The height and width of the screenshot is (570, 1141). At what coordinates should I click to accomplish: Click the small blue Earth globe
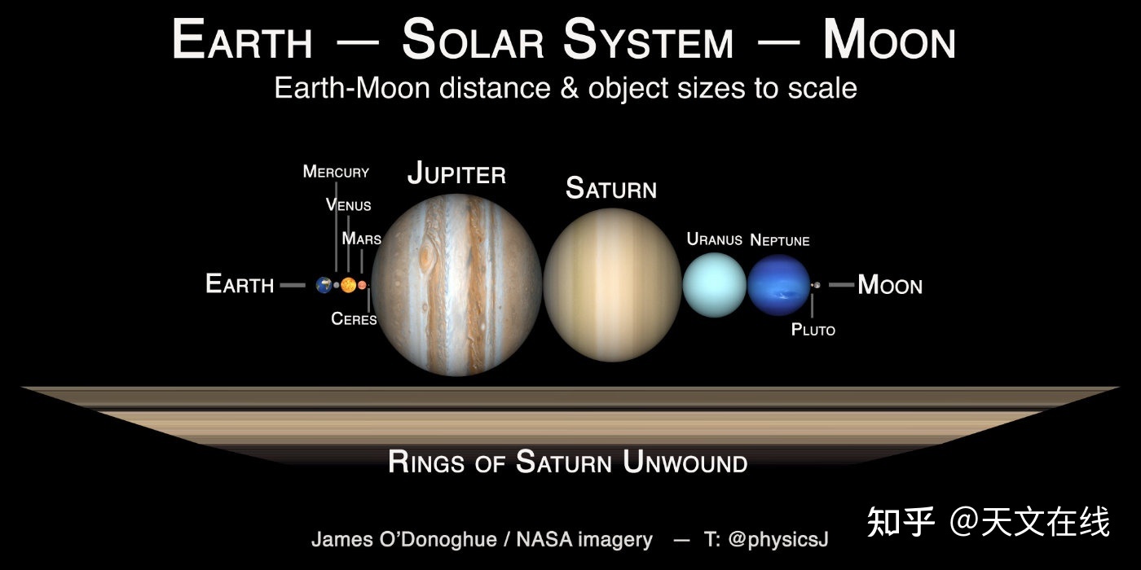tap(324, 285)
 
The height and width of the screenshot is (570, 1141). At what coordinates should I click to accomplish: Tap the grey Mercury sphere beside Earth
tap(336, 285)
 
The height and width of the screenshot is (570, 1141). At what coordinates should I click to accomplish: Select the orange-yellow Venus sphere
tap(349, 285)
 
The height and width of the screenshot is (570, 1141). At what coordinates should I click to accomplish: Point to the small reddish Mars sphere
tap(362, 285)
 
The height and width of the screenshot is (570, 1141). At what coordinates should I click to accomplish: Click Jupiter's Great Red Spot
tap(425, 258)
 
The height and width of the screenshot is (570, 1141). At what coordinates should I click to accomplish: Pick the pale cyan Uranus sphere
tap(715, 285)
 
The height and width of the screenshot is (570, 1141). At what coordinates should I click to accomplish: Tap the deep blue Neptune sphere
tap(778, 285)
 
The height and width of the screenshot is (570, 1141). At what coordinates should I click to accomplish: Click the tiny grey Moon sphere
tap(817, 285)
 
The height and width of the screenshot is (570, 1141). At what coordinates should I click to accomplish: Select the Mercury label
tap(336, 172)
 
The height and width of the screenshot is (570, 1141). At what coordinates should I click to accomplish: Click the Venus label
tap(349, 205)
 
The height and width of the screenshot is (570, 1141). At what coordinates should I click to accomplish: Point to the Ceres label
tap(354, 319)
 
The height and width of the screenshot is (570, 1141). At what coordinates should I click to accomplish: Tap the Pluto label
tap(813, 330)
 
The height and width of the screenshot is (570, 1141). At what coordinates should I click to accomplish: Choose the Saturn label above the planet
tap(611, 188)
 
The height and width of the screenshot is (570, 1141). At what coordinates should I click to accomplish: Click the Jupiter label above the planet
tap(456, 173)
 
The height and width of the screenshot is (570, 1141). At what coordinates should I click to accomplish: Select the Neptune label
tap(780, 240)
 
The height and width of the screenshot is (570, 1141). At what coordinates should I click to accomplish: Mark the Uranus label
tap(714, 239)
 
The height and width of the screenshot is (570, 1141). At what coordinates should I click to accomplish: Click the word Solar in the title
tap(474, 40)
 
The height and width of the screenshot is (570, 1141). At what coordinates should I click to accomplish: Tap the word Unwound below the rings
tap(685, 463)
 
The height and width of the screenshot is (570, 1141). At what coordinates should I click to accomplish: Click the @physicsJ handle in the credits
tap(778, 539)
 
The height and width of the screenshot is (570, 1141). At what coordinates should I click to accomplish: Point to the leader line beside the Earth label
tap(293, 285)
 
